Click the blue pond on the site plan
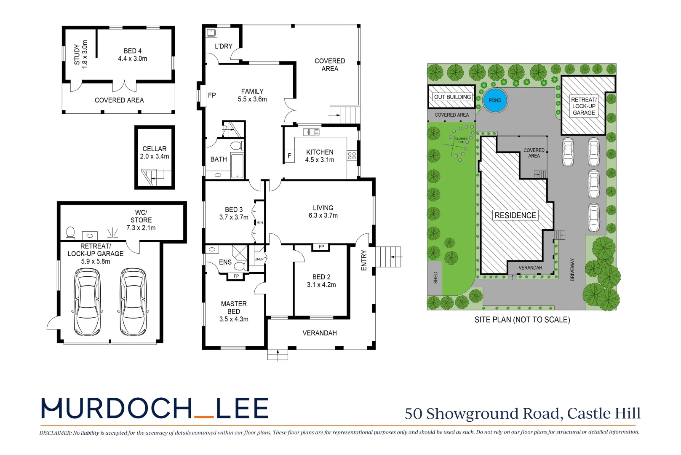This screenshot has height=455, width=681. [x=495, y=100]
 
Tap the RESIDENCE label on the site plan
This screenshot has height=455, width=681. [x=515, y=215]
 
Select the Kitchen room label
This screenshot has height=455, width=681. [x=320, y=155]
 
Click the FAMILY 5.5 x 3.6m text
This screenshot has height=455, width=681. [x=252, y=95]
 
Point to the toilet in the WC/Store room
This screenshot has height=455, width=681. [x=70, y=233]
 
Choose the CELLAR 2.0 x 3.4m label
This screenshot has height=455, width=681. [x=155, y=153]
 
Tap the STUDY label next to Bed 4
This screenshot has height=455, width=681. [x=80, y=54]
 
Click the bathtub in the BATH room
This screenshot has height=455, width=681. [x=237, y=166]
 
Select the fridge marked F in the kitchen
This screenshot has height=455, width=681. [x=289, y=156]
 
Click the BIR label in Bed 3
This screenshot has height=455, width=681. [x=260, y=222]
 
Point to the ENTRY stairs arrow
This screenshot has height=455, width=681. [x=396, y=257]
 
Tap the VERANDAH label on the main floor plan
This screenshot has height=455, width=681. [x=320, y=333]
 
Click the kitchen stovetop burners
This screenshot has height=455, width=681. [x=352, y=156]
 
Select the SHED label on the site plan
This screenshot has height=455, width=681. [x=435, y=277]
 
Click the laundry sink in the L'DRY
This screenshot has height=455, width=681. [x=211, y=32]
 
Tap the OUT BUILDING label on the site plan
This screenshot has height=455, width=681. [x=452, y=97]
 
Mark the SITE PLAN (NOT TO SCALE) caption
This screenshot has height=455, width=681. [x=522, y=320]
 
